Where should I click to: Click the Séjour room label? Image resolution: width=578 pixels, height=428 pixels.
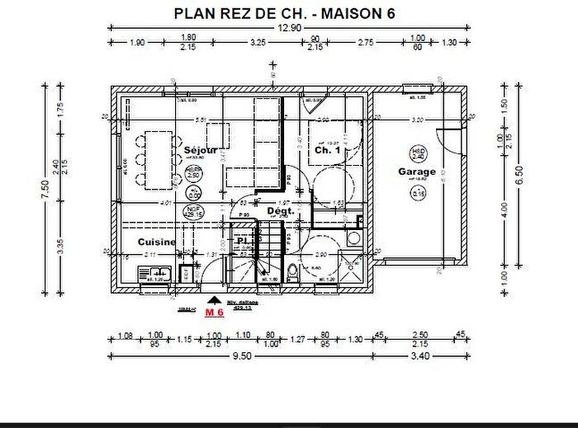click(201, 150)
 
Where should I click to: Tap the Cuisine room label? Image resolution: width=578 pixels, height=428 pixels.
click(155, 242)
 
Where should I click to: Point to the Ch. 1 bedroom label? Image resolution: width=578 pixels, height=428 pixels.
click(327, 151)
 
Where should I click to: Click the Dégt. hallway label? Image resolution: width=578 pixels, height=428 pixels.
click(281, 212)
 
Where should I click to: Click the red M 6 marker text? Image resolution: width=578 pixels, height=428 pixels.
click(216, 314)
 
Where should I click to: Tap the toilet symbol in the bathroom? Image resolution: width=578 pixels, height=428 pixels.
click(293, 274)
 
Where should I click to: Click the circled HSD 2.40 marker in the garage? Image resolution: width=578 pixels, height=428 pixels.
click(419, 153)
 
